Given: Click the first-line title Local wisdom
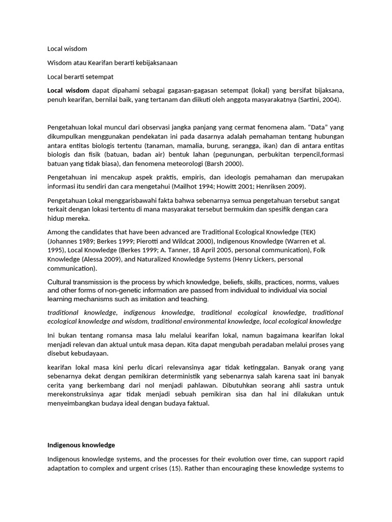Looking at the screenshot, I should [67, 49].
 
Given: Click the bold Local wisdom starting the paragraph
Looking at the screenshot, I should [68, 90].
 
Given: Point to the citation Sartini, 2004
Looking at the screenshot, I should [320, 100].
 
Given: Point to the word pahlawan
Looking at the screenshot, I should [199, 385].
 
